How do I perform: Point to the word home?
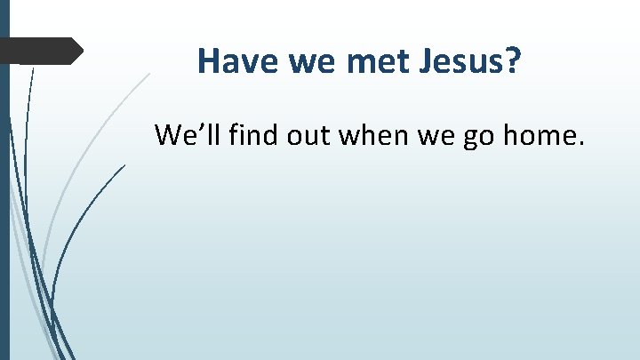coord(535,135)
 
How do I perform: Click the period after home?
coord(580,146)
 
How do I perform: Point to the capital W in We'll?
coord(169,135)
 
